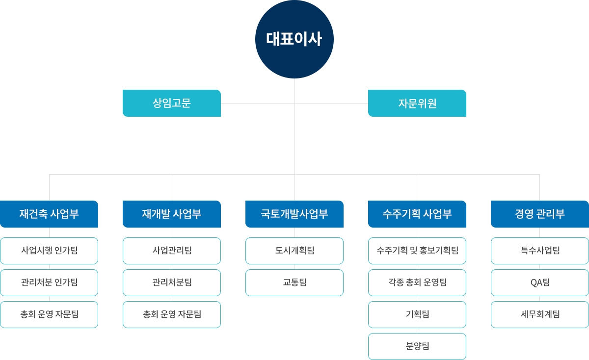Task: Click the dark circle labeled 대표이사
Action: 294,39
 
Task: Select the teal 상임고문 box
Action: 172,103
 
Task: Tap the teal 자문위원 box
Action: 417,103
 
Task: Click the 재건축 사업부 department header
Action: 49,214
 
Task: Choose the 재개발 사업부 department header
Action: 172,214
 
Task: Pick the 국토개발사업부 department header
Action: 294,214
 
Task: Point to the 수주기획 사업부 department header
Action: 417,214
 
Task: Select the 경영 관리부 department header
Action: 540,214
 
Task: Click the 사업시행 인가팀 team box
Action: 49,251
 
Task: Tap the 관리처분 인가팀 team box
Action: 49,283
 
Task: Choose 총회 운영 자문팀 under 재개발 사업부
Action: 172,314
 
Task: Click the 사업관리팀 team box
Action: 172,251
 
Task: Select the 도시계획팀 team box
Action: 294,251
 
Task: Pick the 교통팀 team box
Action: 294,283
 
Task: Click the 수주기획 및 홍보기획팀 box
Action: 417,251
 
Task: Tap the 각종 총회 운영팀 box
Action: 417,283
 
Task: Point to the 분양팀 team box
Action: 417,346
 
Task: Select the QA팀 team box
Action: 540,283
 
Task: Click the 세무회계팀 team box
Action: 540,314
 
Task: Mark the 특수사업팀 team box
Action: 540,251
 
